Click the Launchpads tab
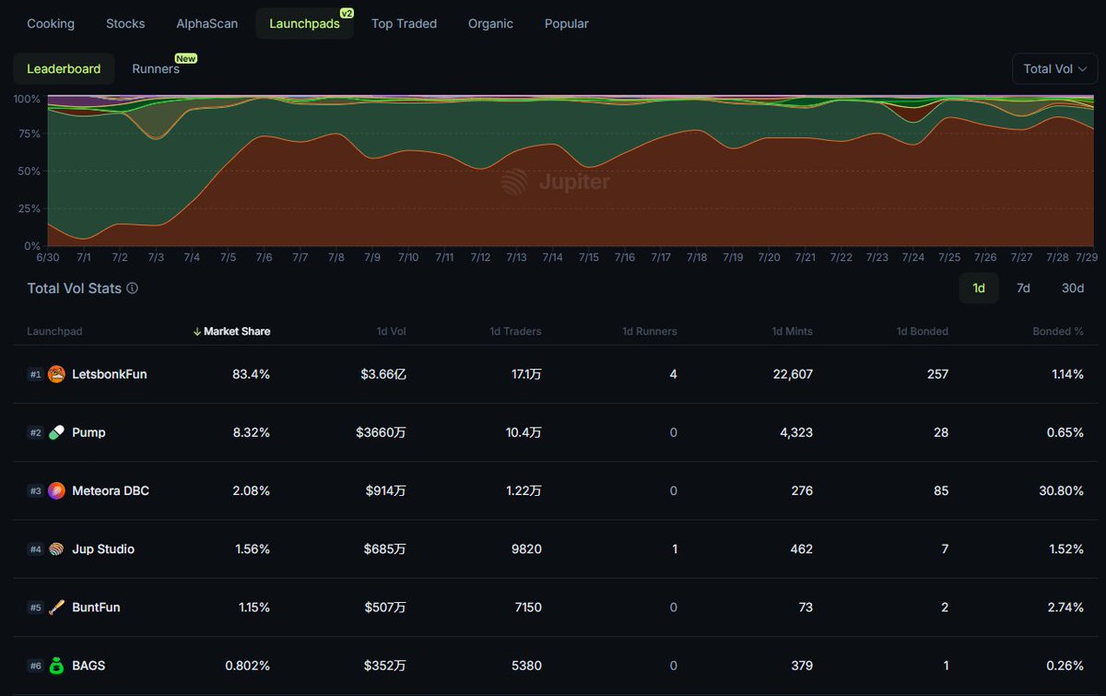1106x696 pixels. [x=304, y=24]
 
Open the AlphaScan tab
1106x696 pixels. [x=207, y=24]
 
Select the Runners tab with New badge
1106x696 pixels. [x=156, y=69]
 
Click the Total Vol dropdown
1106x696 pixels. [x=1054, y=69]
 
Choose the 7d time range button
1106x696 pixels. [x=1023, y=289]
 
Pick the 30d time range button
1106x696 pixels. [x=1072, y=289]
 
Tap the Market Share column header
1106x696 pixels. [x=236, y=332]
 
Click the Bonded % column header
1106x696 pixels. [x=1057, y=332]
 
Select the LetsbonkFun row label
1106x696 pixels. [x=109, y=374]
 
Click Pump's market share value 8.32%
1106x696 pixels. [x=251, y=432]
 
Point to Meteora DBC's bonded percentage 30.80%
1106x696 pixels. [x=1061, y=491]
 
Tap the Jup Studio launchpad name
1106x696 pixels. [x=103, y=549]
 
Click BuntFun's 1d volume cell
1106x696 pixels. [x=384, y=608]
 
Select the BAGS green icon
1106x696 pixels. [x=56, y=666]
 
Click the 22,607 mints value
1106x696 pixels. [x=789, y=374]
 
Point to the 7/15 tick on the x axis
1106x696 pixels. [x=588, y=258]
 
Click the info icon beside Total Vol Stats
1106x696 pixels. [x=133, y=289]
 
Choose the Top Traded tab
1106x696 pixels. [x=404, y=24]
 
